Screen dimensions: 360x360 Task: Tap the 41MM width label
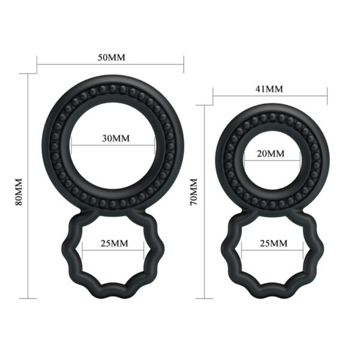pos(270,88)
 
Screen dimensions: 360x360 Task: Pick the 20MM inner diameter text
pos(271,154)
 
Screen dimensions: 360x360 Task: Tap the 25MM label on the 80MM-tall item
pos(114,243)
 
